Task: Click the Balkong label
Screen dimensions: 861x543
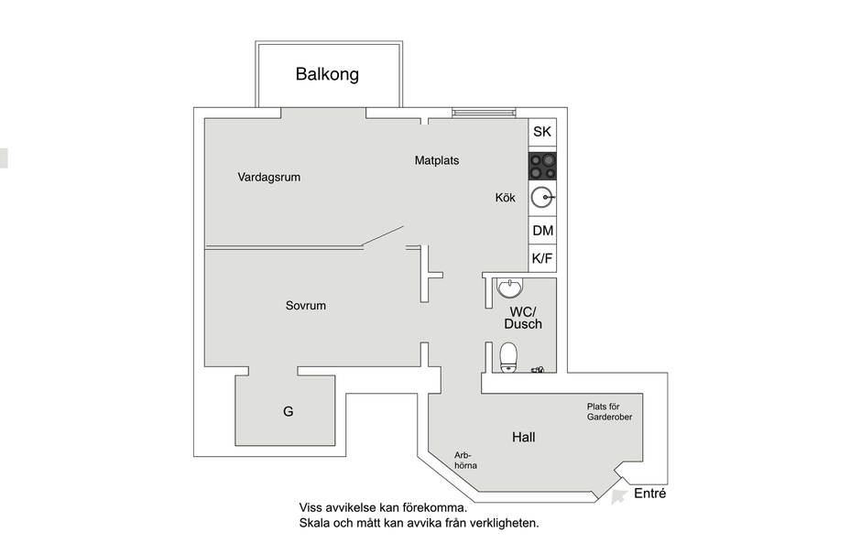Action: pyautogui.click(x=327, y=74)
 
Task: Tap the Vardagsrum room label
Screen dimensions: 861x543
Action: pyautogui.click(x=269, y=178)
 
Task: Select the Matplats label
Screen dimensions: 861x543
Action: pyautogui.click(x=437, y=160)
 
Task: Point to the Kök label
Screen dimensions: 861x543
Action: pyautogui.click(x=506, y=198)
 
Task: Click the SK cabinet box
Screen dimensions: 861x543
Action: pyautogui.click(x=542, y=132)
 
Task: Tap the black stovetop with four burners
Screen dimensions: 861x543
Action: pyautogui.click(x=542, y=167)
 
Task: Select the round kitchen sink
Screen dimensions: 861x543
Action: pyautogui.click(x=542, y=198)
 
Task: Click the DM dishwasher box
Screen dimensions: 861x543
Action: pyautogui.click(x=542, y=230)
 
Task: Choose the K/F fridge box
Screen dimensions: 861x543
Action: pyautogui.click(x=542, y=258)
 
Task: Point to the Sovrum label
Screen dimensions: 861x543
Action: pyautogui.click(x=306, y=305)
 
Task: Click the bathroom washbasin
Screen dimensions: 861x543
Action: pyautogui.click(x=510, y=288)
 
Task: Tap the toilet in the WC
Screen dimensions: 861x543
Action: pyautogui.click(x=509, y=357)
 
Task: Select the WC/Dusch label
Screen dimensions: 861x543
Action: pyautogui.click(x=523, y=318)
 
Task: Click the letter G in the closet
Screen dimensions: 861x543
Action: pyautogui.click(x=289, y=411)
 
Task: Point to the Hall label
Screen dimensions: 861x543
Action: pyautogui.click(x=524, y=437)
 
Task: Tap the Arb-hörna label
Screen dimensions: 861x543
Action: pyautogui.click(x=465, y=460)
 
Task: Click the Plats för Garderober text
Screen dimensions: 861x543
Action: pyautogui.click(x=609, y=412)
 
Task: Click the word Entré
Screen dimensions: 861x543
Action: pyautogui.click(x=650, y=493)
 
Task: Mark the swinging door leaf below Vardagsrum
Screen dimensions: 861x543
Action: pyautogui.click(x=383, y=236)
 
